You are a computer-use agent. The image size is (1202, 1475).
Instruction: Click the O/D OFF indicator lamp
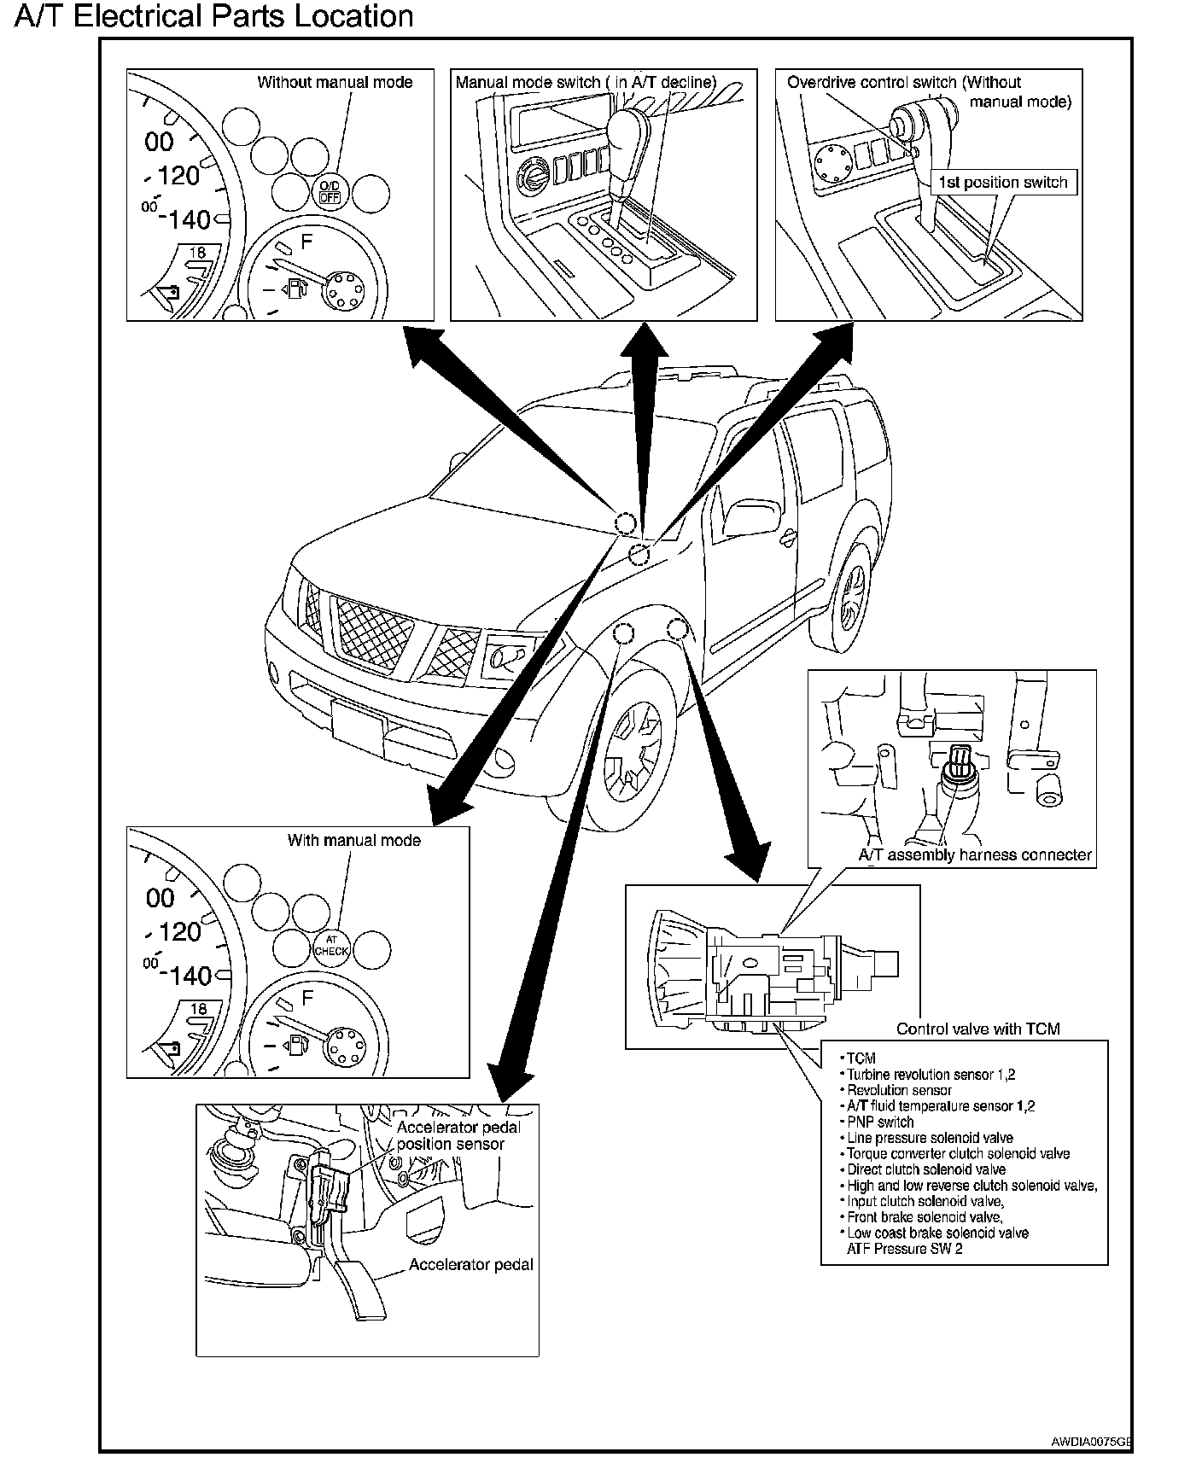[x=330, y=191]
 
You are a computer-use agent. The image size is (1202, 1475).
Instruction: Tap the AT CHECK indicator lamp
[x=331, y=947]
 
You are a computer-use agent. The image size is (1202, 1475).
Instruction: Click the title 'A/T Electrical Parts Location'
[x=214, y=16]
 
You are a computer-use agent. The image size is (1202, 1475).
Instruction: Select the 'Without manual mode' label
[x=335, y=83]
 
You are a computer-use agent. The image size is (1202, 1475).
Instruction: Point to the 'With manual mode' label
[x=353, y=840]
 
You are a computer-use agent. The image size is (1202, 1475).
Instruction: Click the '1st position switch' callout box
[x=1002, y=182]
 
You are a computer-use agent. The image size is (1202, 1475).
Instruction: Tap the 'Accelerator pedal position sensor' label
[x=458, y=1135]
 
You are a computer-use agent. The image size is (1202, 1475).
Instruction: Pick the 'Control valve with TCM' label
[x=977, y=1029]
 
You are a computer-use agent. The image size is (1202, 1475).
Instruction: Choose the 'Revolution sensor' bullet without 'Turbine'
[x=898, y=1090]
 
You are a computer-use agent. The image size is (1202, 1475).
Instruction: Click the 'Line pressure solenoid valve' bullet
[x=929, y=1138]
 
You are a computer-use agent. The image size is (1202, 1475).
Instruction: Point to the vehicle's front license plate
[x=358, y=721]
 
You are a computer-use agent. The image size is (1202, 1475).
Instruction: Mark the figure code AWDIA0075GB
[x=1091, y=1442]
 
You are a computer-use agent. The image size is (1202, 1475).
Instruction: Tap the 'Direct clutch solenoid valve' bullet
[x=925, y=1169]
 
